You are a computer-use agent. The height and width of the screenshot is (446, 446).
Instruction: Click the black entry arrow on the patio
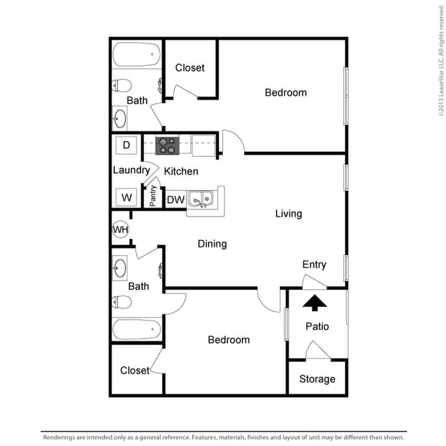pyautogui.click(x=316, y=303)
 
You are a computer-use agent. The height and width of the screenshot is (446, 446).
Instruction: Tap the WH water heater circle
pyautogui.click(x=120, y=229)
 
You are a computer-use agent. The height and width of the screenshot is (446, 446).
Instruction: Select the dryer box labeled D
pyautogui.click(x=126, y=146)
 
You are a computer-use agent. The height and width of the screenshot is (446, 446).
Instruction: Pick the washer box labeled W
pyautogui.click(x=127, y=197)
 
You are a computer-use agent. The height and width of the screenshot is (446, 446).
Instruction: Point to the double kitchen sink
pyautogui.click(x=200, y=198)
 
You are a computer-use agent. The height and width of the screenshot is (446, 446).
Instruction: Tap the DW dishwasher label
pyautogui.click(x=176, y=200)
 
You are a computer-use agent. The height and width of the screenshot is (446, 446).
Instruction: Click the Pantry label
pyautogui.click(x=153, y=196)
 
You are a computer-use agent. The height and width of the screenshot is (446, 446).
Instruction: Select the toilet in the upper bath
pyautogui.click(x=122, y=85)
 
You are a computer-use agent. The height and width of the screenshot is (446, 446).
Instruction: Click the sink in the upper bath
pyautogui.click(x=120, y=118)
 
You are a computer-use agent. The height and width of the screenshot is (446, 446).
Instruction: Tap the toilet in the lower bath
pyautogui.click(x=122, y=302)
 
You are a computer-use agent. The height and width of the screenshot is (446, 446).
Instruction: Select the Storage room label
pyautogui.click(x=317, y=379)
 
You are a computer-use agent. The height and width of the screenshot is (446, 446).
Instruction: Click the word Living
pyautogui.click(x=288, y=213)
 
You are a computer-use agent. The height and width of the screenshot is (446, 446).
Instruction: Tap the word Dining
pyautogui.click(x=212, y=244)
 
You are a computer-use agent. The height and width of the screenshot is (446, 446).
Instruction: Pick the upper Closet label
pyautogui.click(x=190, y=68)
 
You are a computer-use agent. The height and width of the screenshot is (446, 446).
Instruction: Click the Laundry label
pyautogui.click(x=131, y=170)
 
